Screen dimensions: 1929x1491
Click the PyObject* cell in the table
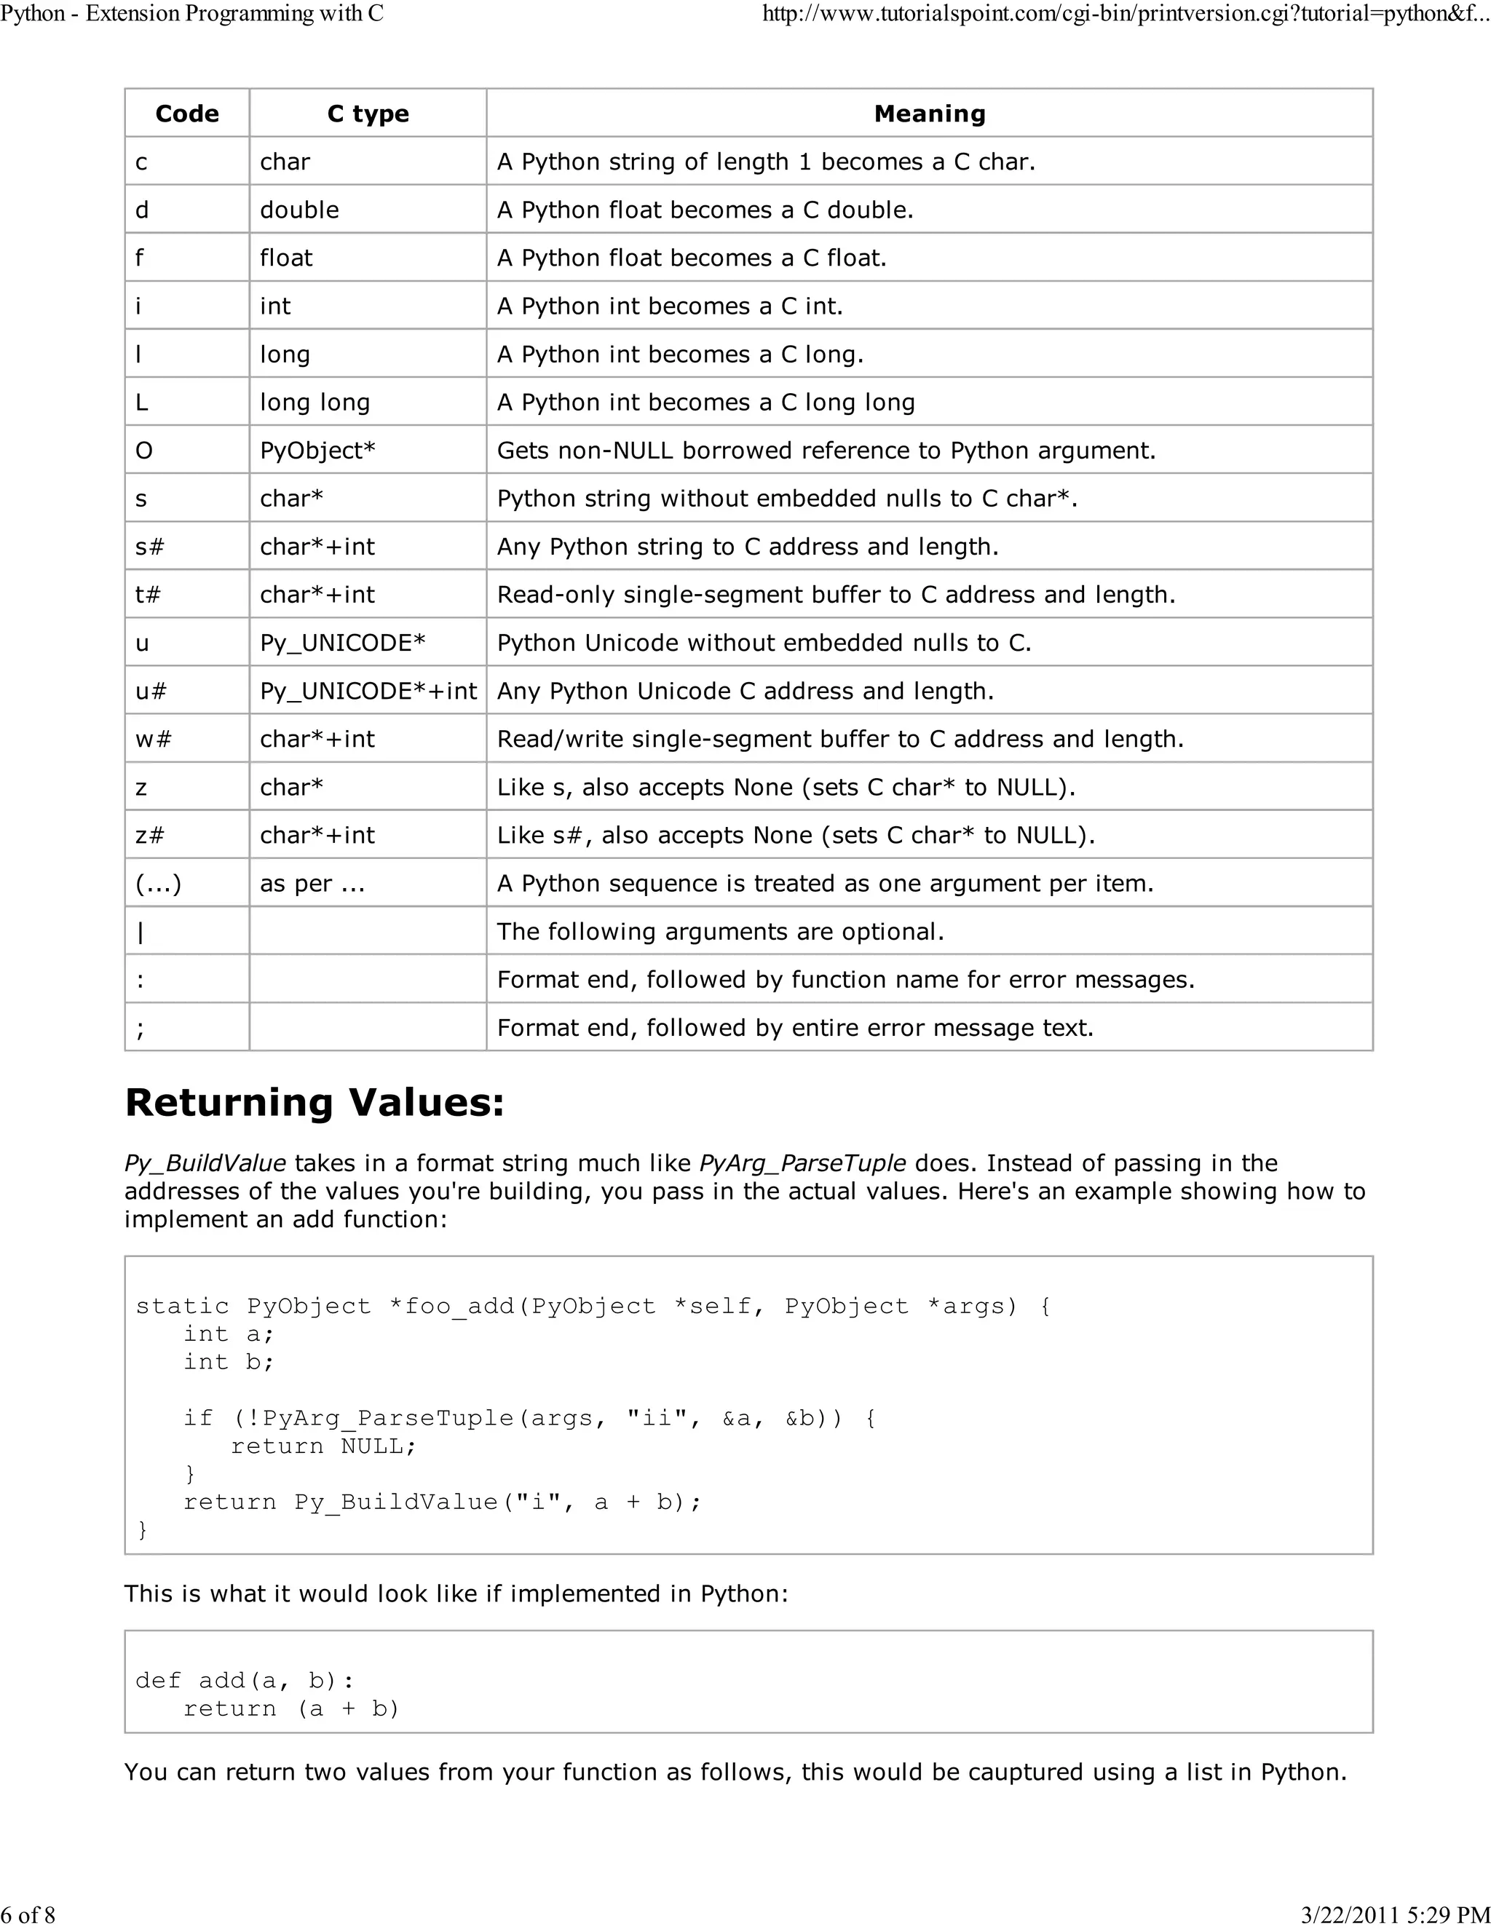point(317,451)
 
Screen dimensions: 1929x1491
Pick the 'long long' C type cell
point(315,403)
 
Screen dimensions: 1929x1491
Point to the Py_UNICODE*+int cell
point(368,691)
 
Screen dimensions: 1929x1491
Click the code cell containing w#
point(153,740)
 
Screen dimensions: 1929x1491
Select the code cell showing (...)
point(158,883)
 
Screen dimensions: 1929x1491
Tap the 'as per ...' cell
point(312,883)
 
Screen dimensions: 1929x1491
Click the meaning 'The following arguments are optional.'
point(720,932)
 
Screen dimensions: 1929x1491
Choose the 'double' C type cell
point(299,210)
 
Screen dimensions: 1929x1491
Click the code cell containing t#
point(148,595)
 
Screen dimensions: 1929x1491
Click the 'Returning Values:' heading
point(315,1102)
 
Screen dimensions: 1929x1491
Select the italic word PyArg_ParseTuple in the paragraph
point(802,1163)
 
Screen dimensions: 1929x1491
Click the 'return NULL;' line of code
point(323,1446)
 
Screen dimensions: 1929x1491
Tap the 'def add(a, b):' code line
point(245,1680)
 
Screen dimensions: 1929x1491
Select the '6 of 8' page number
point(28,1914)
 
